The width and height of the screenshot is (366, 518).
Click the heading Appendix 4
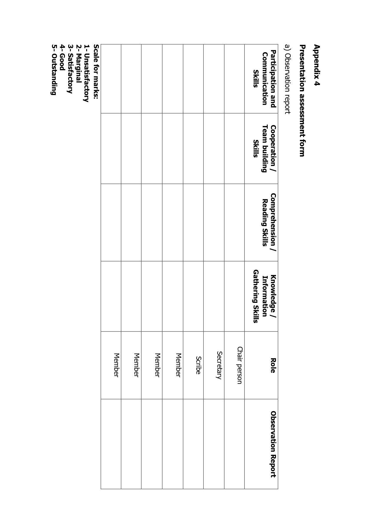click(x=317, y=65)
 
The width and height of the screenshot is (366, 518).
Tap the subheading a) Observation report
click(x=287, y=79)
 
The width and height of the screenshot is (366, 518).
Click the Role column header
click(x=273, y=365)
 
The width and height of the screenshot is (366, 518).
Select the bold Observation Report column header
click(x=273, y=444)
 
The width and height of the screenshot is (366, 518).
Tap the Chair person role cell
click(x=239, y=365)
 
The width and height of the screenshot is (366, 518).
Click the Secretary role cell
click(x=219, y=365)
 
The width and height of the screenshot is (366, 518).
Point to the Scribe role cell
click(x=198, y=365)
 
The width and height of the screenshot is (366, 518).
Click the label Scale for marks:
click(x=96, y=72)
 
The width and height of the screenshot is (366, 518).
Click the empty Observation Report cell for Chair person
click(x=234, y=444)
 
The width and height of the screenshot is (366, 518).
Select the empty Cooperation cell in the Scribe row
click(x=193, y=148)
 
